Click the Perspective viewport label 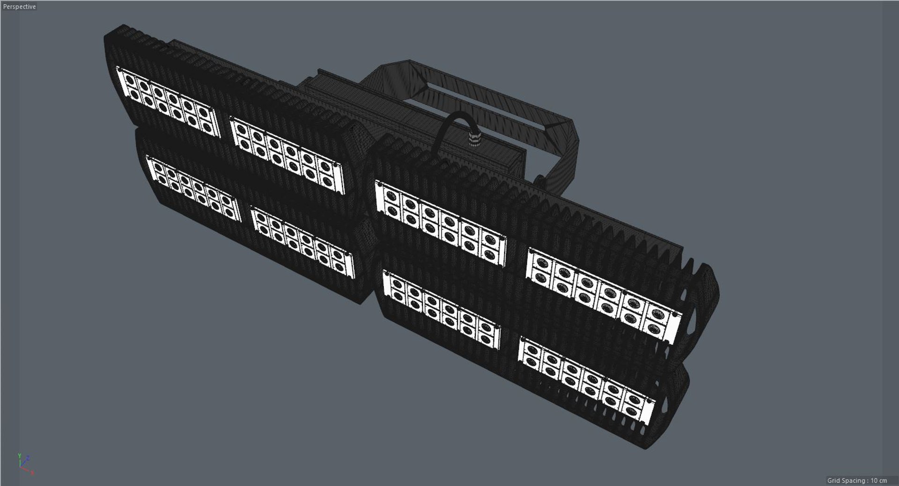point(19,7)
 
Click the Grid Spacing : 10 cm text point(856,480)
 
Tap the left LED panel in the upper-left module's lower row point(192,188)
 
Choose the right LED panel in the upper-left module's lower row point(302,243)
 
